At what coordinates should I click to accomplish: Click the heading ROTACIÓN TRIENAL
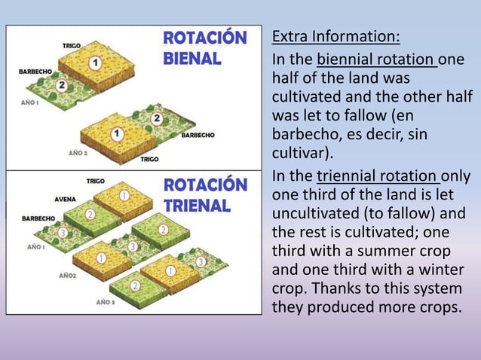tap(204, 195)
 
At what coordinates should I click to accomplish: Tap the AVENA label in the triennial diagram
tap(64, 200)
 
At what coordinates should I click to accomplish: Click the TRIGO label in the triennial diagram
tap(96, 181)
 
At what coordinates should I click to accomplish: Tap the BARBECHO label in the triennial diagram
tap(38, 218)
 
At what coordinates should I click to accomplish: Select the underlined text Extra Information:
tap(335, 37)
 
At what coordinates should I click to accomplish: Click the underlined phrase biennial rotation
tap(377, 59)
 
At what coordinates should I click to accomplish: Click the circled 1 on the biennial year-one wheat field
tap(96, 63)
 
